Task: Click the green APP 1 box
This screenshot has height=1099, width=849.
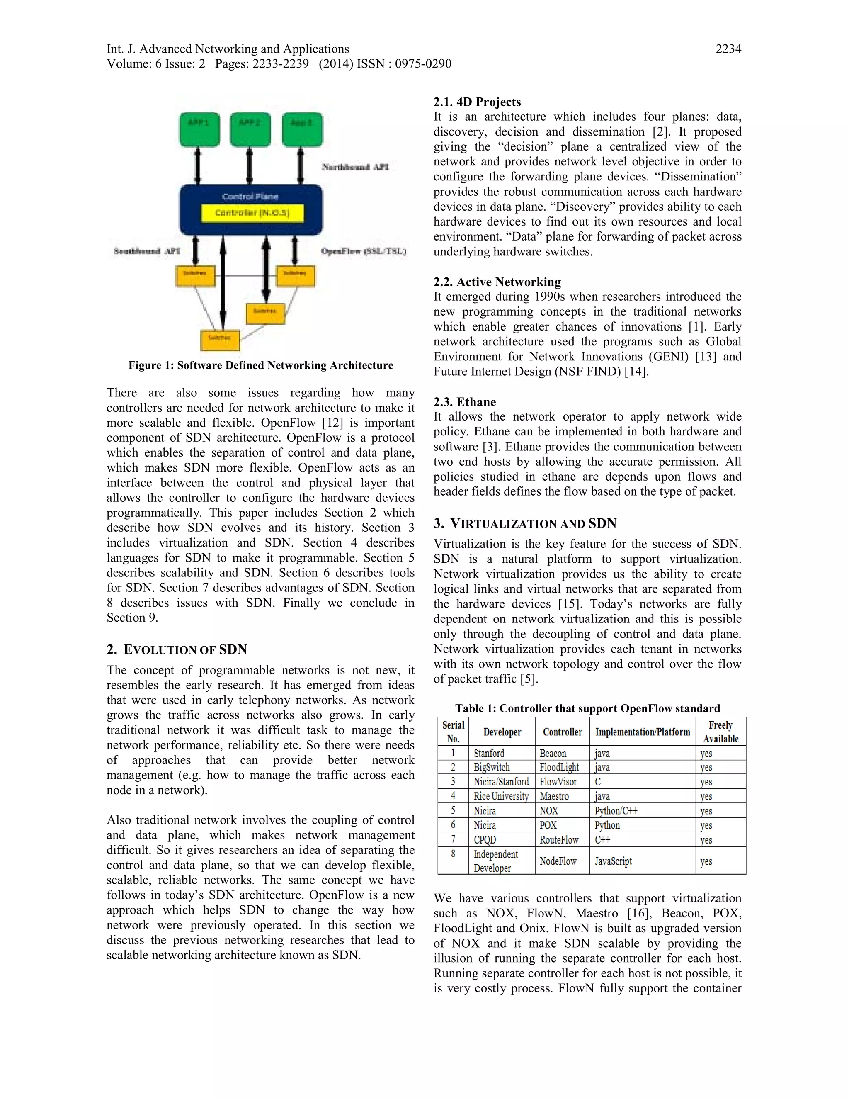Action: pyautogui.click(x=199, y=129)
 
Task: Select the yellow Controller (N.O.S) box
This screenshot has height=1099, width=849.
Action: pyautogui.click(x=252, y=213)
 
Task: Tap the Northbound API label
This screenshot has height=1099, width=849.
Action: pyautogui.click(x=355, y=167)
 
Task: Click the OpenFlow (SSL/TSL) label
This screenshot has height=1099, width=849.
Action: pyautogui.click(x=363, y=251)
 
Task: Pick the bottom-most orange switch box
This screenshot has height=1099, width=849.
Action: pyautogui.click(x=220, y=340)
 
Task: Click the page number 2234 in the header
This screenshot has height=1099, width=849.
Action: pyautogui.click(x=728, y=49)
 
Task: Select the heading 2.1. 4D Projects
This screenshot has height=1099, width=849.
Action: pyautogui.click(x=477, y=102)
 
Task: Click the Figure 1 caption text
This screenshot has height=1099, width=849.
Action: pyautogui.click(x=260, y=365)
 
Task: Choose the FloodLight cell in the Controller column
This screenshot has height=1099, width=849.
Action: pyautogui.click(x=559, y=767)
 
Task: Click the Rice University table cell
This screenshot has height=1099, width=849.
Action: pyautogui.click(x=501, y=796)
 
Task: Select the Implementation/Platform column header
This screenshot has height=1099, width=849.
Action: pyautogui.click(x=642, y=732)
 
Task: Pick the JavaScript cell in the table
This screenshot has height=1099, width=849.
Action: pyautogui.click(x=613, y=861)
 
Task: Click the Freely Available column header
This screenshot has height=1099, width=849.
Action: pyautogui.click(x=720, y=732)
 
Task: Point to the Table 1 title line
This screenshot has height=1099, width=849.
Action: pyautogui.click(x=587, y=708)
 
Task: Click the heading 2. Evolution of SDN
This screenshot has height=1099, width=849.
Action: pyautogui.click(x=177, y=649)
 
